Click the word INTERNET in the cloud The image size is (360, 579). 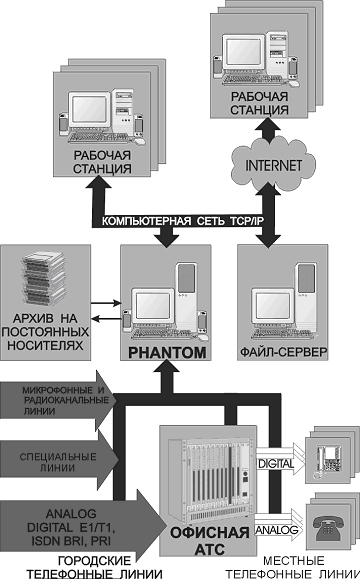point(274,165)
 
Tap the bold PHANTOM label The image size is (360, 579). point(167,353)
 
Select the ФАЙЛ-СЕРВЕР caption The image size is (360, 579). point(284,352)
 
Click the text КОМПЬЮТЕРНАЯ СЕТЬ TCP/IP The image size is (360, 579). point(183,221)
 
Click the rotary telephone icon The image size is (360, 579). point(328,528)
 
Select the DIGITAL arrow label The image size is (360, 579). point(276,463)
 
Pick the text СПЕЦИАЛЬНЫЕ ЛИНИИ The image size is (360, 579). point(58,462)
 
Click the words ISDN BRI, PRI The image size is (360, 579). point(71,542)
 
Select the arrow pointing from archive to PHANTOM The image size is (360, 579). point(106,303)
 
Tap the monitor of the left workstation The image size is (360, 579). point(91,109)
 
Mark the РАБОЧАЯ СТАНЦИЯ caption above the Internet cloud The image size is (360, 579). point(260,103)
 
